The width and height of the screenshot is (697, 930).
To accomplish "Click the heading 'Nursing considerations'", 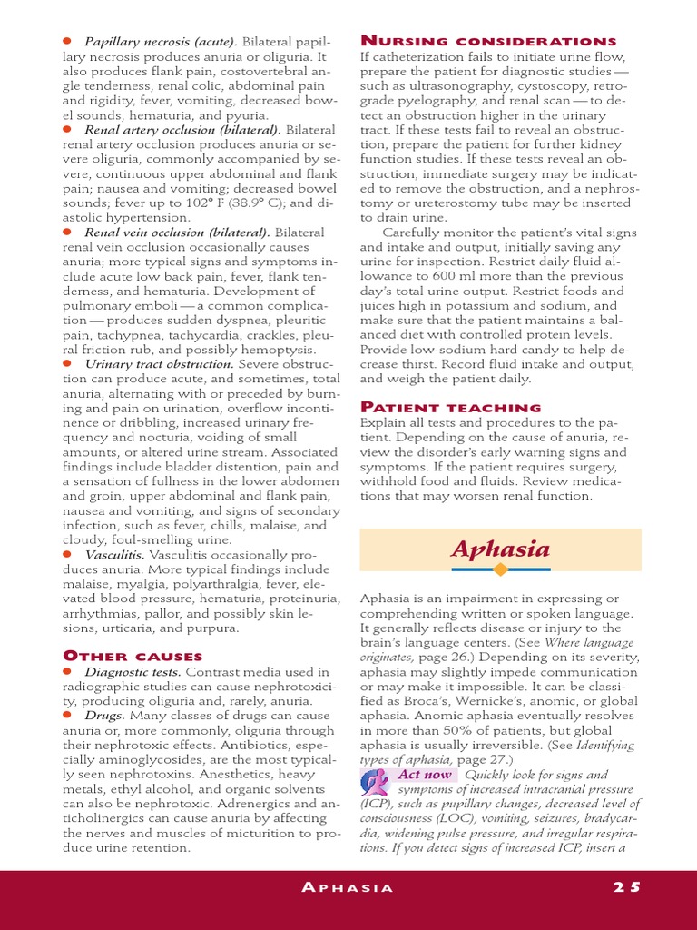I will [x=488, y=41].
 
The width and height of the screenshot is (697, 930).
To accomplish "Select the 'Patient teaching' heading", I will [x=450, y=407].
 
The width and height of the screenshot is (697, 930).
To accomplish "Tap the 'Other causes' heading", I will [x=133, y=655].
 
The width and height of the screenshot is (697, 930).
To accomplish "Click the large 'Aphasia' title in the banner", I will [x=500, y=549].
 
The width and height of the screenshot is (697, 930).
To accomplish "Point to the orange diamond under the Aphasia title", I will [x=500, y=569].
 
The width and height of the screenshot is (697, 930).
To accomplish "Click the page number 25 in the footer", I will [x=625, y=887].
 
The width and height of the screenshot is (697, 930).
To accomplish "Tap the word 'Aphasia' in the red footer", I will [x=348, y=887].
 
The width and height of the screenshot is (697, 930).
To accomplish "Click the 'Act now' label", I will [x=424, y=775].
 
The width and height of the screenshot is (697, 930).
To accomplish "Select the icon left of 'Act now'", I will [x=376, y=781].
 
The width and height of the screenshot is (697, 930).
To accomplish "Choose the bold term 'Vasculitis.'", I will [x=115, y=554].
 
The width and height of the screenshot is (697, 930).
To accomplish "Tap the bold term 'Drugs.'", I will [x=104, y=716].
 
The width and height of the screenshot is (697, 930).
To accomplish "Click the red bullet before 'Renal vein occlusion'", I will [x=67, y=232].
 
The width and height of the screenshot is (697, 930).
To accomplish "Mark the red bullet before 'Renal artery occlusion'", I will [x=67, y=130].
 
